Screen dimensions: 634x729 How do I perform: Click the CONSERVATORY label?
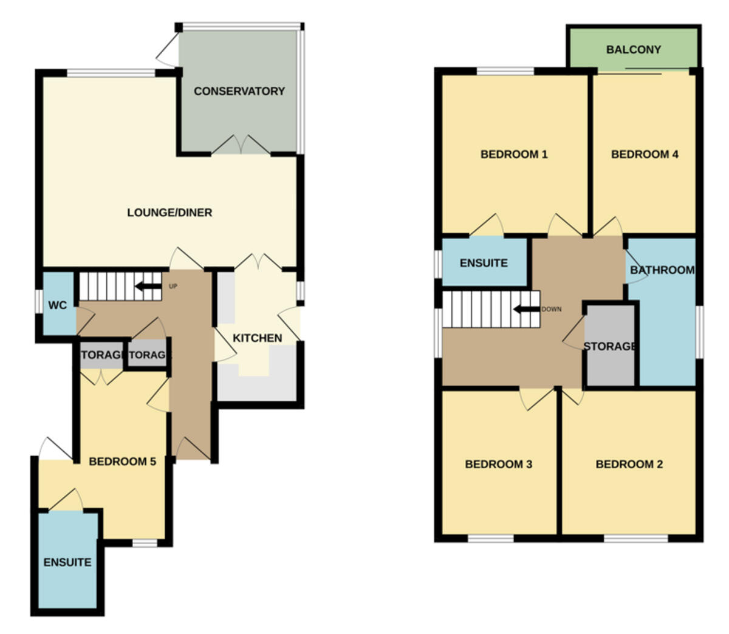(239, 91)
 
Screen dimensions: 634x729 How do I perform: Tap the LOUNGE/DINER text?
(169, 213)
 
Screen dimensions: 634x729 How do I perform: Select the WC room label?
(57, 305)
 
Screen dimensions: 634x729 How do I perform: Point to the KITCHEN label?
(258, 338)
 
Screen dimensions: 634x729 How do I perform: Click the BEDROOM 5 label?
(122, 462)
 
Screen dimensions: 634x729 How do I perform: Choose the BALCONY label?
(634, 49)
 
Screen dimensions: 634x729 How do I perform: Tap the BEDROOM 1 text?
(514, 154)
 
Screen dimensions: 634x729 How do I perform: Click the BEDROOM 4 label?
(645, 154)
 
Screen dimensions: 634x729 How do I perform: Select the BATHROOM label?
(662, 270)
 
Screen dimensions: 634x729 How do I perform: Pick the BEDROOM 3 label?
(499, 465)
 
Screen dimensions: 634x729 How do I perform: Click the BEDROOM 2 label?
(629, 465)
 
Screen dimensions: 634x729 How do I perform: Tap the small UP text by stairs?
(173, 286)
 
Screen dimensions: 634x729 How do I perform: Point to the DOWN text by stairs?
(552, 309)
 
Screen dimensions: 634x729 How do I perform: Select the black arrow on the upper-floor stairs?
(526, 309)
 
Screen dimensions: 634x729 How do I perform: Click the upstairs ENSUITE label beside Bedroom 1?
(484, 263)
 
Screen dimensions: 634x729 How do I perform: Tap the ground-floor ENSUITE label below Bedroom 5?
(67, 562)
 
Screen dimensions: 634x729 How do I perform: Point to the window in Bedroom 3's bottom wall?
(490, 538)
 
